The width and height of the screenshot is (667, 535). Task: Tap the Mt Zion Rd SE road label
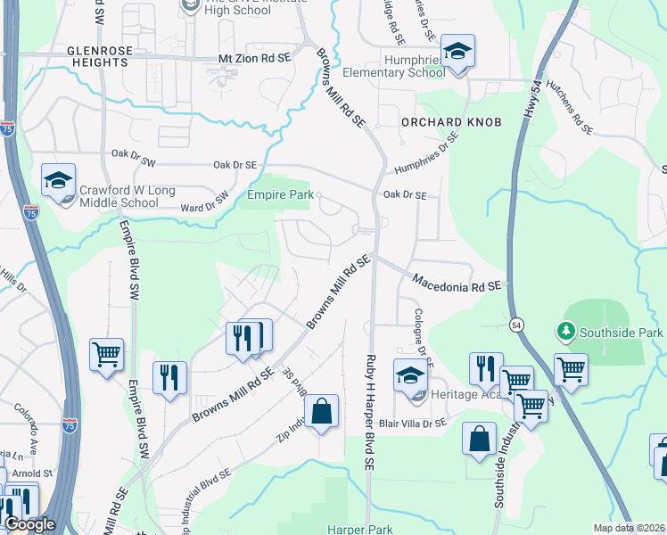[255, 58]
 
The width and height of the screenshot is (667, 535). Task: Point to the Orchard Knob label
[450, 121]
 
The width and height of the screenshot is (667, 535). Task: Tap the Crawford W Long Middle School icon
[59, 181]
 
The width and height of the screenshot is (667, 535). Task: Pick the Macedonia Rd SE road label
[459, 283]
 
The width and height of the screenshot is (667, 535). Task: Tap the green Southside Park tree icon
[565, 332]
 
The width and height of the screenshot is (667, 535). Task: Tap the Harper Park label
[359, 529]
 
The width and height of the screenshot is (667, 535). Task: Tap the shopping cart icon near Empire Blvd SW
[106, 354]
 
